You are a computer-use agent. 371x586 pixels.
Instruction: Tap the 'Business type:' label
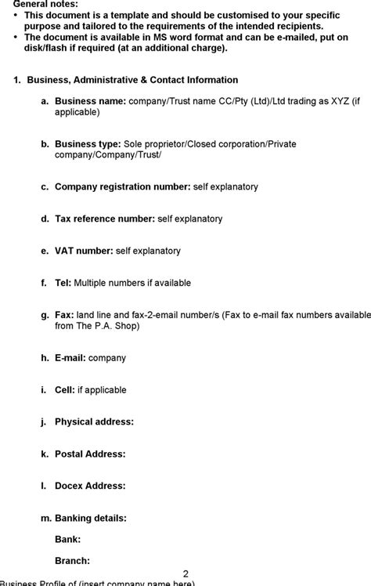[88, 145]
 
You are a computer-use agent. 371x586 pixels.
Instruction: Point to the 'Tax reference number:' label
[105, 219]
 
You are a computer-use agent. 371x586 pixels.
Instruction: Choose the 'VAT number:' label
[84, 251]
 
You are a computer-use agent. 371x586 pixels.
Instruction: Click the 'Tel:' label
[63, 284]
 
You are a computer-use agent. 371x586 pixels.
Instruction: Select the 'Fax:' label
[64, 315]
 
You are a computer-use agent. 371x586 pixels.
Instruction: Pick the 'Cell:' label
[65, 390]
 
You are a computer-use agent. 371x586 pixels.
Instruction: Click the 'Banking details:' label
[91, 519]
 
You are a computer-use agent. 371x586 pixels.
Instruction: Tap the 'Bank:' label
[68, 540]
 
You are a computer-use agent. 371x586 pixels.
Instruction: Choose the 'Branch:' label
[73, 561]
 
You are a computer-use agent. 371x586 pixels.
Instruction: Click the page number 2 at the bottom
[185, 573]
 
